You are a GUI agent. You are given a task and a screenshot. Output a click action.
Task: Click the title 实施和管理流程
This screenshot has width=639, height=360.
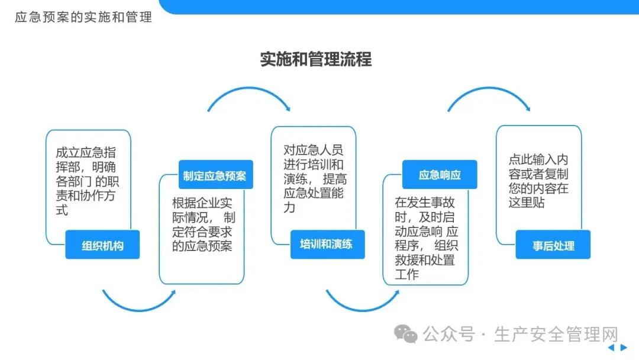pos(316,59)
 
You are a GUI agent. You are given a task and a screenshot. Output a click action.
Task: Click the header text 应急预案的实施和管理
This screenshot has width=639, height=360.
pos(83,17)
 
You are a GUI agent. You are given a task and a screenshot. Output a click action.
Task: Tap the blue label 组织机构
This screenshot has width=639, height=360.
pos(102,245)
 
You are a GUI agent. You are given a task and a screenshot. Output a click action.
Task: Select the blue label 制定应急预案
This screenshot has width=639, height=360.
pos(215,175)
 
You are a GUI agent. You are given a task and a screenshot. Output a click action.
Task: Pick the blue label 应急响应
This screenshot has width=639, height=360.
pos(440,175)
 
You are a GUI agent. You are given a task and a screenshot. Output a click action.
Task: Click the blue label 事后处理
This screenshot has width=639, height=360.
pos(553,245)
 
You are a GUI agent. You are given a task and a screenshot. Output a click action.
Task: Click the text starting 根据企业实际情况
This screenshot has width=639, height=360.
pos(204,224)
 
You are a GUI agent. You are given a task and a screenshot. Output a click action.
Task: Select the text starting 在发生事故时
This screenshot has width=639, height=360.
pos(425,238)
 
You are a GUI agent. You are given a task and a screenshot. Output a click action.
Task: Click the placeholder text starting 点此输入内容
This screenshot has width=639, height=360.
pos(538,181)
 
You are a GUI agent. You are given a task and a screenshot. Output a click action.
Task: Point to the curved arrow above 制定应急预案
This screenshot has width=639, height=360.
pos(249,95)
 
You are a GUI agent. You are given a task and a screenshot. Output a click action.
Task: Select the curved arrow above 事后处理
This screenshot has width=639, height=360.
pos(489,95)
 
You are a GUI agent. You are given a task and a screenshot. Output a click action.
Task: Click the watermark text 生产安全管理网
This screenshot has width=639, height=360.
pos(556,335)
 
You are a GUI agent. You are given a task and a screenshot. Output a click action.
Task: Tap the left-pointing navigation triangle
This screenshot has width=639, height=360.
pos(611,348)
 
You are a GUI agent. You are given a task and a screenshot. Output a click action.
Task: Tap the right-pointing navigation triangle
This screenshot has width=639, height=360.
pos(623,348)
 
